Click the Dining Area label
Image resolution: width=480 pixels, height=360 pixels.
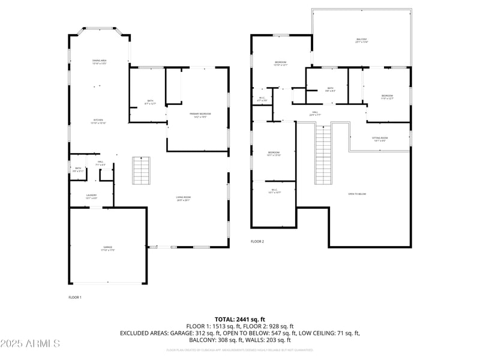click(100, 61)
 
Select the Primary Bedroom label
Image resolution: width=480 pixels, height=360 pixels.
click(200, 115)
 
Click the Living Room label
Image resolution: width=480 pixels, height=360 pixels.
click(183, 199)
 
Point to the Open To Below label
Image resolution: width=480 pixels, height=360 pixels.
click(357, 194)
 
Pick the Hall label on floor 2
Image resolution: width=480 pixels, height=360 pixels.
click(315, 113)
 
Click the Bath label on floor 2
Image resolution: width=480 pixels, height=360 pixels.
click(330, 89)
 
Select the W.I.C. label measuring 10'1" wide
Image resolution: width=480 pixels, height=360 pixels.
click(273, 191)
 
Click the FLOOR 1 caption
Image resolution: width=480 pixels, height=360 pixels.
click(75, 297)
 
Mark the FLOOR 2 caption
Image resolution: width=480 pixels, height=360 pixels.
click(257, 241)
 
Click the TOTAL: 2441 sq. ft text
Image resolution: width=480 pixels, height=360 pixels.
click(239, 319)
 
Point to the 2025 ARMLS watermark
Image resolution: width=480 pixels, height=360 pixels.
click(30, 344)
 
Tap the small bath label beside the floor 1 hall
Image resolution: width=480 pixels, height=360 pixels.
click(77, 169)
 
